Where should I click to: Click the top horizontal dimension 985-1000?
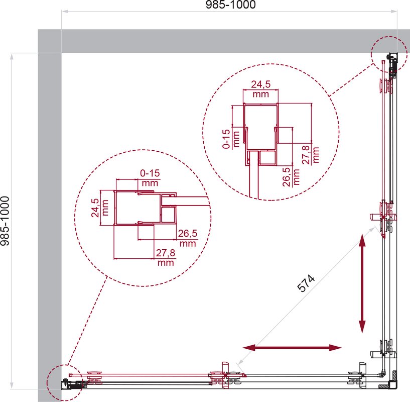tap(231, 5)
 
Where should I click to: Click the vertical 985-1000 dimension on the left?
tap(5, 221)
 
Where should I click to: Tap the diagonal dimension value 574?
tap(306, 283)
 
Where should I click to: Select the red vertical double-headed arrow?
tap(362, 283)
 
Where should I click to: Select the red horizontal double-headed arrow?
tap(292, 348)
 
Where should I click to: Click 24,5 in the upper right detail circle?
tap(260, 84)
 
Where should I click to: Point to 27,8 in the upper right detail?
tap(306, 155)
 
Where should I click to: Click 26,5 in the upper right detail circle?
tap(287, 177)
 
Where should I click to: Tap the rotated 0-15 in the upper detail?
tap(226, 139)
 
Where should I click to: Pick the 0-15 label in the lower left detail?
tap(150, 173)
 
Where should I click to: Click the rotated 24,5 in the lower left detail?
tap(95, 208)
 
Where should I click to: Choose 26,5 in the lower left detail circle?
tap(188, 233)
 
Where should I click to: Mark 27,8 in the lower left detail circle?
tap(166, 253)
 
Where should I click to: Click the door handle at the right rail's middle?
tap(383, 217)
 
